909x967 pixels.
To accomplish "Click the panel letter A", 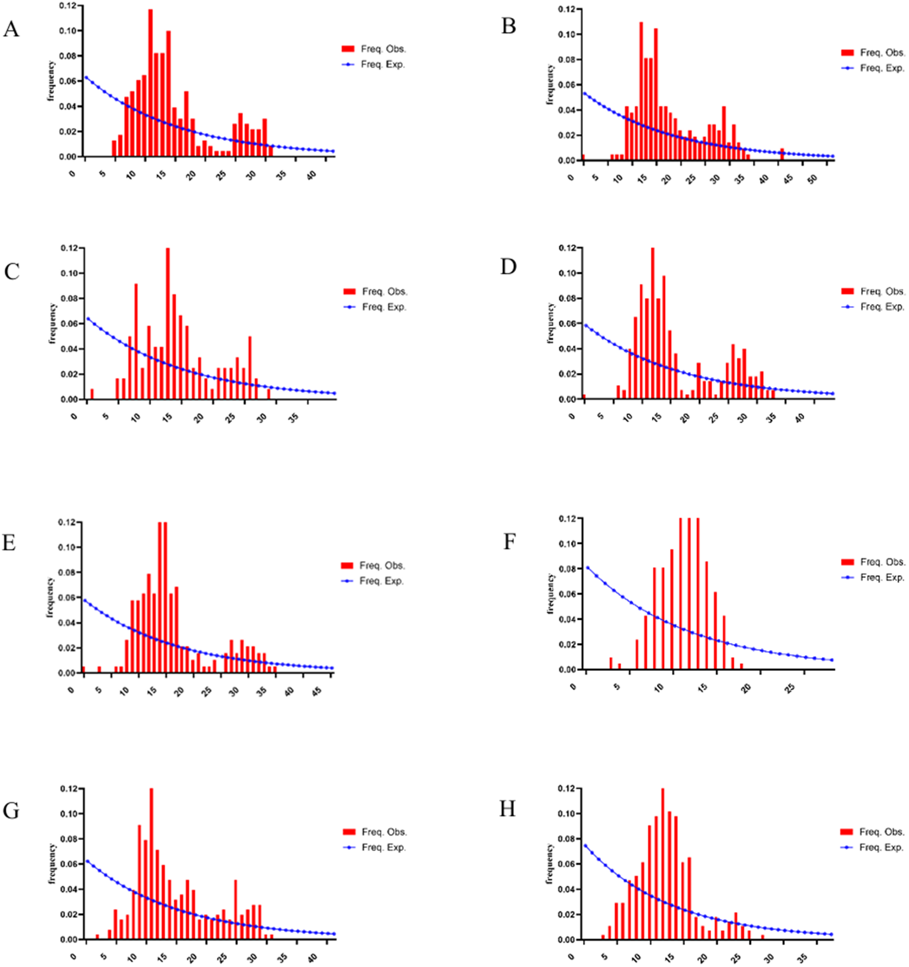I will click(x=11, y=30).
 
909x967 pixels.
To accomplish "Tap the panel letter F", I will click(x=509, y=541).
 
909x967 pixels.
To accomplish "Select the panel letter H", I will click(x=507, y=809).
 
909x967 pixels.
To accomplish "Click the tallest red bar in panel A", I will click(x=150, y=83).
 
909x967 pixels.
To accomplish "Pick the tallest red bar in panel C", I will click(x=168, y=323).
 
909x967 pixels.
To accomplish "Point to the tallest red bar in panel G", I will click(x=151, y=863).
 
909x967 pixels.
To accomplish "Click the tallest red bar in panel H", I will click(x=662, y=863).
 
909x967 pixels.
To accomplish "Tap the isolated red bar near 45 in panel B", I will click(x=782, y=155).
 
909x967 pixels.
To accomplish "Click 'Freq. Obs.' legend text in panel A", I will click(x=383, y=49).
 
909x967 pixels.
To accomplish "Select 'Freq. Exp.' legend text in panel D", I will click(x=882, y=307).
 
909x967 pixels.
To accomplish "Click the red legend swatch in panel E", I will click(x=348, y=566).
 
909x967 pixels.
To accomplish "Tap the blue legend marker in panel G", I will click(x=350, y=847).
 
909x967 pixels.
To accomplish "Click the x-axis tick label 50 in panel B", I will click(x=812, y=179).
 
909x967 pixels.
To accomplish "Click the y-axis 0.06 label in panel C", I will click(x=69, y=324).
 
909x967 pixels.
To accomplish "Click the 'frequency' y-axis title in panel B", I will click(x=550, y=85).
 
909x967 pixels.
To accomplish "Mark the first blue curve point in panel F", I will click(x=588, y=568).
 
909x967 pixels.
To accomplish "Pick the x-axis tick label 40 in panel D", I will click(x=799, y=417).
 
